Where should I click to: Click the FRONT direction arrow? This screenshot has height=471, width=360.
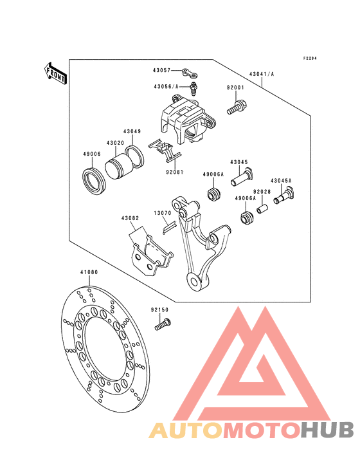tap(55, 74)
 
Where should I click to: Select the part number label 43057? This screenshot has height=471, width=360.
tap(161, 70)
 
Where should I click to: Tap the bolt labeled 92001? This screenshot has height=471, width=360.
tap(235, 108)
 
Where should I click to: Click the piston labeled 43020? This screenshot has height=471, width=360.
tap(117, 167)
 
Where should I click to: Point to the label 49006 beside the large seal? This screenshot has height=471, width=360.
tap(92, 154)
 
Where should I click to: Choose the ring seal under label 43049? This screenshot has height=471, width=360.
tap(134, 156)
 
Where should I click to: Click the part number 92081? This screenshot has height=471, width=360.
tap(175, 172)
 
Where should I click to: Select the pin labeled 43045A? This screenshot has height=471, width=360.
tap(284, 196)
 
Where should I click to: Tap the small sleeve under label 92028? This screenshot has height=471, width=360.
tap(262, 208)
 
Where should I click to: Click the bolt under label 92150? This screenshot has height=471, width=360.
tap(163, 324)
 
